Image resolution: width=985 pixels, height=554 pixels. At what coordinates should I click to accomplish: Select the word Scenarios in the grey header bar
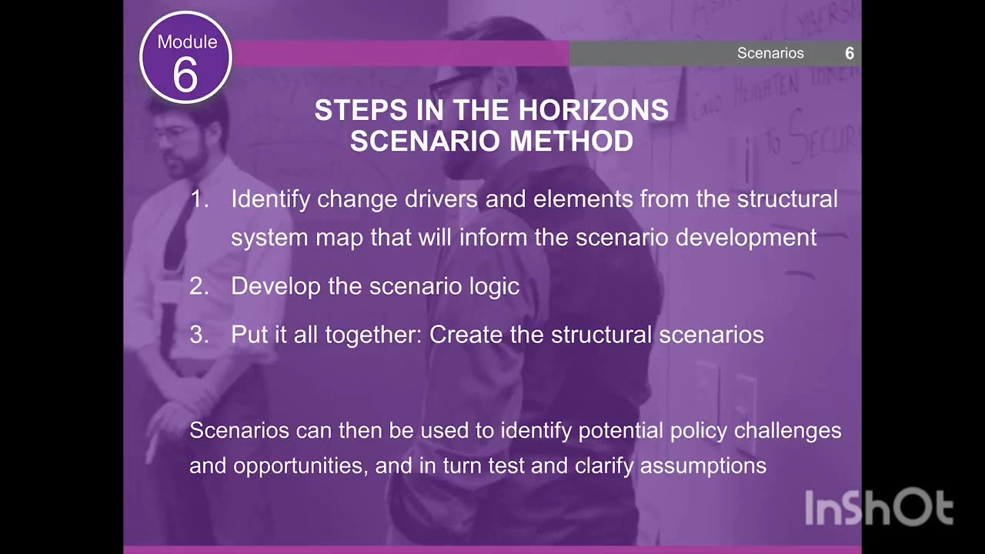point(770,53)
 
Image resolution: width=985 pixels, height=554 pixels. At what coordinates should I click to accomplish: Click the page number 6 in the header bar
point(850,53)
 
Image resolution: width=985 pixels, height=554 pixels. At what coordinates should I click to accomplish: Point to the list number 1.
point(199,199)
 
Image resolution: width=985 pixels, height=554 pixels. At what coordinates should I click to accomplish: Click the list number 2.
point(199,286)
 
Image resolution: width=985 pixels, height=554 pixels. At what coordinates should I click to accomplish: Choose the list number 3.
point(199,335)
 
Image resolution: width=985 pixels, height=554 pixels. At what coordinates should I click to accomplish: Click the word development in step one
point(746,238)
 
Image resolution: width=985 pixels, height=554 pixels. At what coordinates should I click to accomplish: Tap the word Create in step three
point(464,335)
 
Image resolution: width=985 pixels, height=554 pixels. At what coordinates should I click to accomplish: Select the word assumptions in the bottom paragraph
point(703,466)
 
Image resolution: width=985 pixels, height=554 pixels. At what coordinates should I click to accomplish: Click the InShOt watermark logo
point(879,509)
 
